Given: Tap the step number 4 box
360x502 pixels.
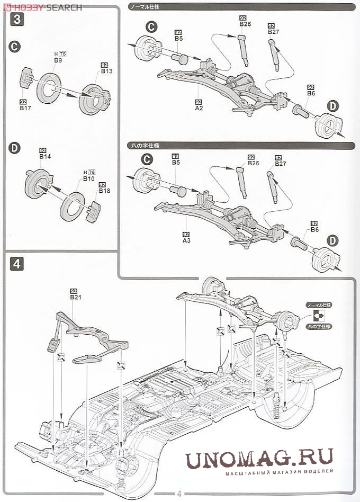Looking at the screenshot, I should pyautogui.click(x=17, y=263).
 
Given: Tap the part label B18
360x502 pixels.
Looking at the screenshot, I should pyautogui.click(x=102, y=187).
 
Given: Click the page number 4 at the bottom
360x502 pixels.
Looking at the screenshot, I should pyautogui.click(x=179, y=494).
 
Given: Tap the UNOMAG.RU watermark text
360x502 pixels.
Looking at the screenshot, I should pyautogui.click(x=259, y=458).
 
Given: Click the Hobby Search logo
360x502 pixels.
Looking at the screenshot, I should pyautogui.click(x=42, y=7).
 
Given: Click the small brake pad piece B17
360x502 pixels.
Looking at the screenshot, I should pyautogui.click(x=26, y=80).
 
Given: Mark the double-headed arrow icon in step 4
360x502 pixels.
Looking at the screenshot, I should pyautogui.click(x=319, y=316).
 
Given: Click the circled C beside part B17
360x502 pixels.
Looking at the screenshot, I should pyautogui.click(x=15, y=47).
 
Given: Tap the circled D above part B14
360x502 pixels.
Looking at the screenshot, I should pyautogui.click(x=15, y=148).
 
